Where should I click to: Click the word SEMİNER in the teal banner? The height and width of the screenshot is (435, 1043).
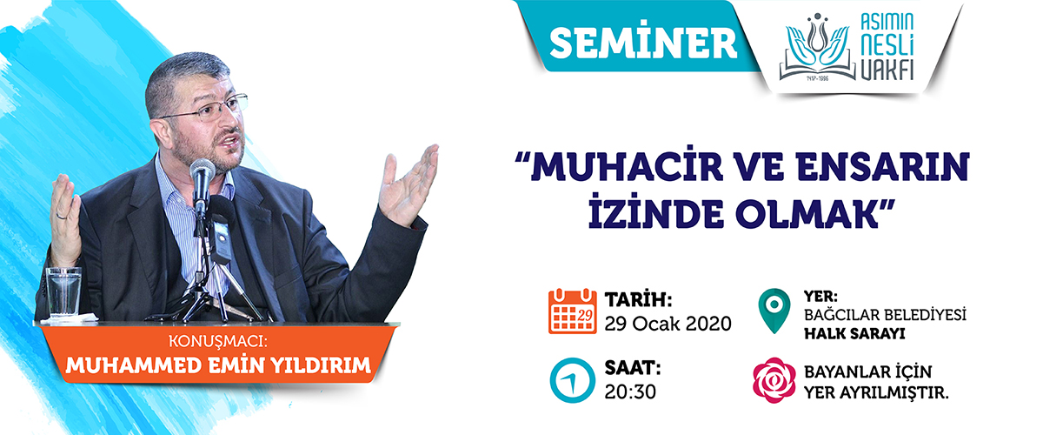click(x=643, y=43)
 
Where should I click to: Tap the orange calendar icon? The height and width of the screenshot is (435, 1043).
click(x=572, y=311)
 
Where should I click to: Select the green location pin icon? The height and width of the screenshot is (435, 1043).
click(x=774, y=311)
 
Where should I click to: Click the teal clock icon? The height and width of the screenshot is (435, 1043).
click(x=572, y=380)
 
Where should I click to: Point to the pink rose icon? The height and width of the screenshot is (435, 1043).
click(x=774, y=380)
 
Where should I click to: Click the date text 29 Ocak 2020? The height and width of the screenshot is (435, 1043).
click(x=668, y=324)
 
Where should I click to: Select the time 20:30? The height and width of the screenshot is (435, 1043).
click(x=630, y=391)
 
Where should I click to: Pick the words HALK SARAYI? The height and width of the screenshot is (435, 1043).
click(x=854, y=334)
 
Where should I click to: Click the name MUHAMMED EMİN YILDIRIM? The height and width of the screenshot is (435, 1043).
click(x=218, y=365)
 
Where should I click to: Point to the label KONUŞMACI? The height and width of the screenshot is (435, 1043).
click(x=218, y=341)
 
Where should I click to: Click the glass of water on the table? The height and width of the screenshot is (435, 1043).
click(x=63, y=293)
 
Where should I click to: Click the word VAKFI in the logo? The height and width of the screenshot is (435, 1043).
click(x=887, y=70)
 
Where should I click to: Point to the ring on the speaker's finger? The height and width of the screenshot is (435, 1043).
click(x=62, y=216)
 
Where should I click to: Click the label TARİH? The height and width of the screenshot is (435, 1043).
click(x=638, y=300)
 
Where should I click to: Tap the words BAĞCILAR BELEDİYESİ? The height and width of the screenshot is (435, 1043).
click(x=885, y=315)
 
